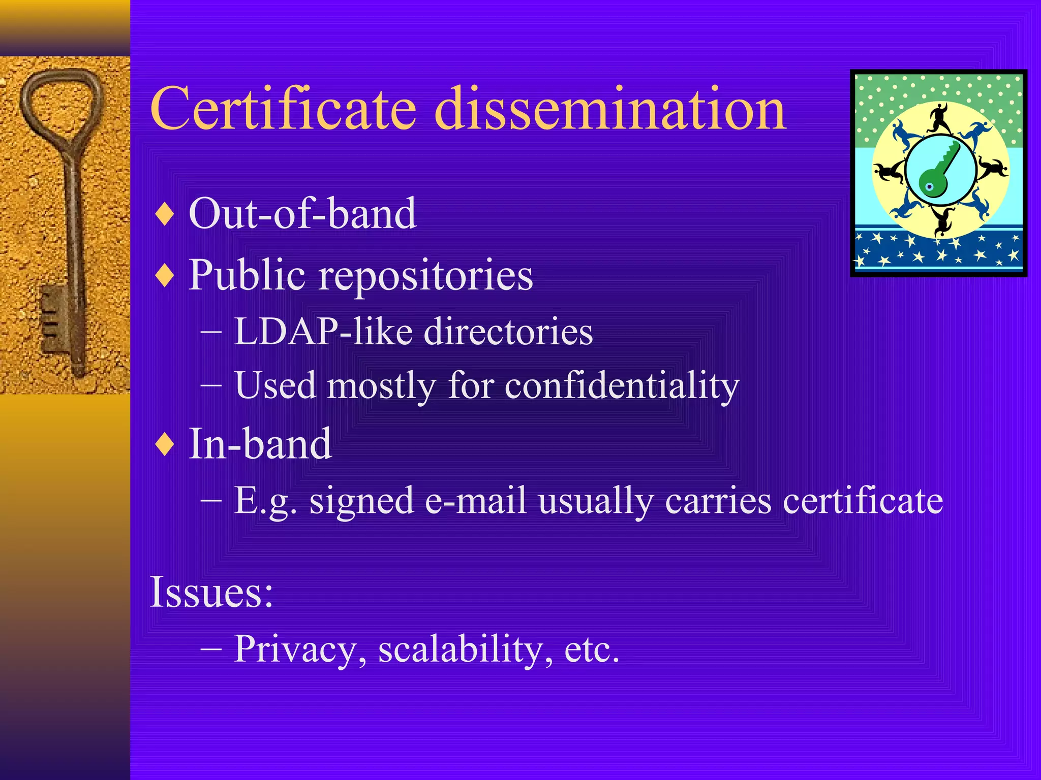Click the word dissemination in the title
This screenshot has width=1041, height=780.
click(x=610, y=109)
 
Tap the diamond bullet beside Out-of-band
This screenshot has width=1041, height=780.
click(x=165, y=214)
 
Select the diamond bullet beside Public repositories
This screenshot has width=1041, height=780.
click(x=165, y=276)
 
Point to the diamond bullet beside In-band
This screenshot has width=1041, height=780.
click(x=165, y=444)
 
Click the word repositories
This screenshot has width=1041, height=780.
click(x=425, y=276)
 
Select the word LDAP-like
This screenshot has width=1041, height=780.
click(x=323, y=332)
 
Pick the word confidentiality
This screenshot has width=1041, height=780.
click(x=622, y=385)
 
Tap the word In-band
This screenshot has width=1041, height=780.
click(x=260, y=443)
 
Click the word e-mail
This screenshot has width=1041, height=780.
click(x=475, y=501)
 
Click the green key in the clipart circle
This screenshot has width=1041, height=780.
click(x=938, y=170)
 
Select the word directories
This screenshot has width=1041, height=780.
click(x=508, y=332)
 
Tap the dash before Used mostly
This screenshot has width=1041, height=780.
click(x=211, y=385)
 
